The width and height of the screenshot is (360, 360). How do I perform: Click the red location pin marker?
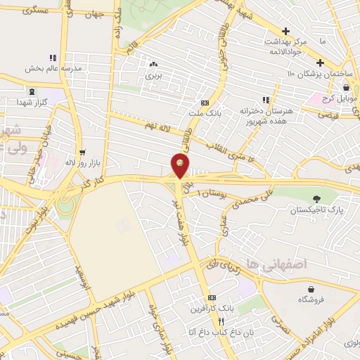pyautogui.click(x=180, y=166)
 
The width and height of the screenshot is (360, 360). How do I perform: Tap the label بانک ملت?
pyautogui.click(x=205, y=112)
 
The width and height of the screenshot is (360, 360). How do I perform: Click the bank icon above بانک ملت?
pyautogui.click(x=205, y=102)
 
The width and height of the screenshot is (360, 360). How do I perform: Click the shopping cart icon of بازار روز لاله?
pyautogui.click(x=83, y=152)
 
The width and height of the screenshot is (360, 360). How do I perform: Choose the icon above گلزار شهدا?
pyautogui.click(x=31, y=91)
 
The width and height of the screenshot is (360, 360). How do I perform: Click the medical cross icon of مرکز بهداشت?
pyautogui.click(x=285, y=32)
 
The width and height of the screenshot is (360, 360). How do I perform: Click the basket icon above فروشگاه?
pyautogui.click(x=310, y=289)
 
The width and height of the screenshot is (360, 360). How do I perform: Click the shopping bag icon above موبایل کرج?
pyautogui.click(x=347, y=87)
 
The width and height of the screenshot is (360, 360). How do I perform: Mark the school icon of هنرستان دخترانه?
pyautogui.click(x=266, y=100)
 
